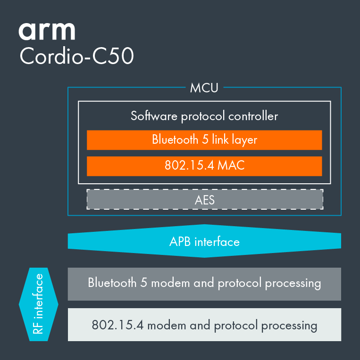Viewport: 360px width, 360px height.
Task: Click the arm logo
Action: click(47, 31)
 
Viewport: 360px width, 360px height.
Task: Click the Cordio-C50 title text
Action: click(77, 57)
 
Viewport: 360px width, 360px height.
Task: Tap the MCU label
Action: click(204, 88)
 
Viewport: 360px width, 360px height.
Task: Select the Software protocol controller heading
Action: click(204, 116)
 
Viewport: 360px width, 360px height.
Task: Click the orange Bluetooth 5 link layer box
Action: click(204, 140)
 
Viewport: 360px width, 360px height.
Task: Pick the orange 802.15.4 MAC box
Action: click(204, 166)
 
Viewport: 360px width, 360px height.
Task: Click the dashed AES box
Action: click(205, 200)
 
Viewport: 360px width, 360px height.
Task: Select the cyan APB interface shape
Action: click(204, 242)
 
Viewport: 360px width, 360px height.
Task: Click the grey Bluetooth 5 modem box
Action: click(204, 284)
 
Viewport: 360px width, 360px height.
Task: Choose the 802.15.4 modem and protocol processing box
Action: click(204, 325)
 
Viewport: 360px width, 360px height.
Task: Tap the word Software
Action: click(151, 116)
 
